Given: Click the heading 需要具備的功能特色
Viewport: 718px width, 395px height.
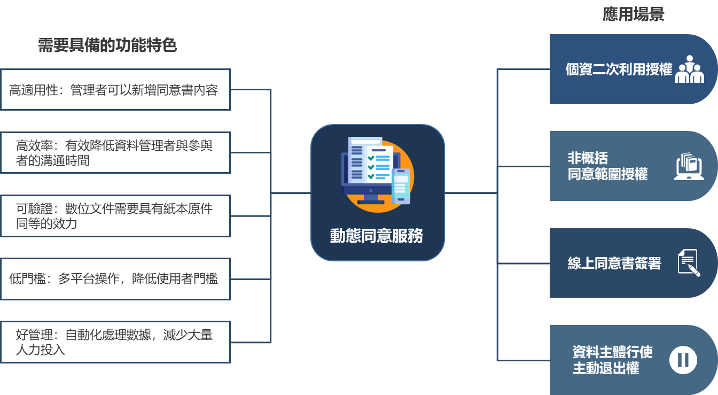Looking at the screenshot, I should [x=107, y=45].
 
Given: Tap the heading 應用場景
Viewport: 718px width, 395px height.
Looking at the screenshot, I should [x=633, y=14].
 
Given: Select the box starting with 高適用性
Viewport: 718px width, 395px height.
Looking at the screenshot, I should [x=115, y=90].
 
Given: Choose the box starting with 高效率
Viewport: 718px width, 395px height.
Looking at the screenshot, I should [x=115, y=153].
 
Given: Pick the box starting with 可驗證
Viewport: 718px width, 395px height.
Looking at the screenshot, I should [x=115, y=216].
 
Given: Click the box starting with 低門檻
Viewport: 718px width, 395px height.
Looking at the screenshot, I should [x=115, y=279].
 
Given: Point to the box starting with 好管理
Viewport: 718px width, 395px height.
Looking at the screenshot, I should [x=115, y=342].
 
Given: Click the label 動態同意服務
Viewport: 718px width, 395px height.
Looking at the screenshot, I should [x=377, y=236].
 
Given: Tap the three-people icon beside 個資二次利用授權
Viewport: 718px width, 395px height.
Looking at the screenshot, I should [x=689, y=69].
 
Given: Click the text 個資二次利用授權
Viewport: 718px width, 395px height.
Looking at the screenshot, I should [x=619, y=69].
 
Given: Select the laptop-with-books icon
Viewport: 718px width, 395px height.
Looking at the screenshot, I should [x=689, y=166].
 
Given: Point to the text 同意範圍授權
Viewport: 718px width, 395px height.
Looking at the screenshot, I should [x=607, y=174].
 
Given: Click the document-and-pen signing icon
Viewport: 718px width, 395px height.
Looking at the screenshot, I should [x=689, y=263].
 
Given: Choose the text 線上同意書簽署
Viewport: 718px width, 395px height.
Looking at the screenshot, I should [x=614, y=263].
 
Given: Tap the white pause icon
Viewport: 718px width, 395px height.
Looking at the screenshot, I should [x=683, y=360].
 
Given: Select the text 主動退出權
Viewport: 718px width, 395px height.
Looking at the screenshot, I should [x=606, y=368].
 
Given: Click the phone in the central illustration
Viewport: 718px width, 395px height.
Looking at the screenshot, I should [x=401, y=186].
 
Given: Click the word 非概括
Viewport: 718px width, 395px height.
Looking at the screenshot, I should [x=588, y=159].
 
